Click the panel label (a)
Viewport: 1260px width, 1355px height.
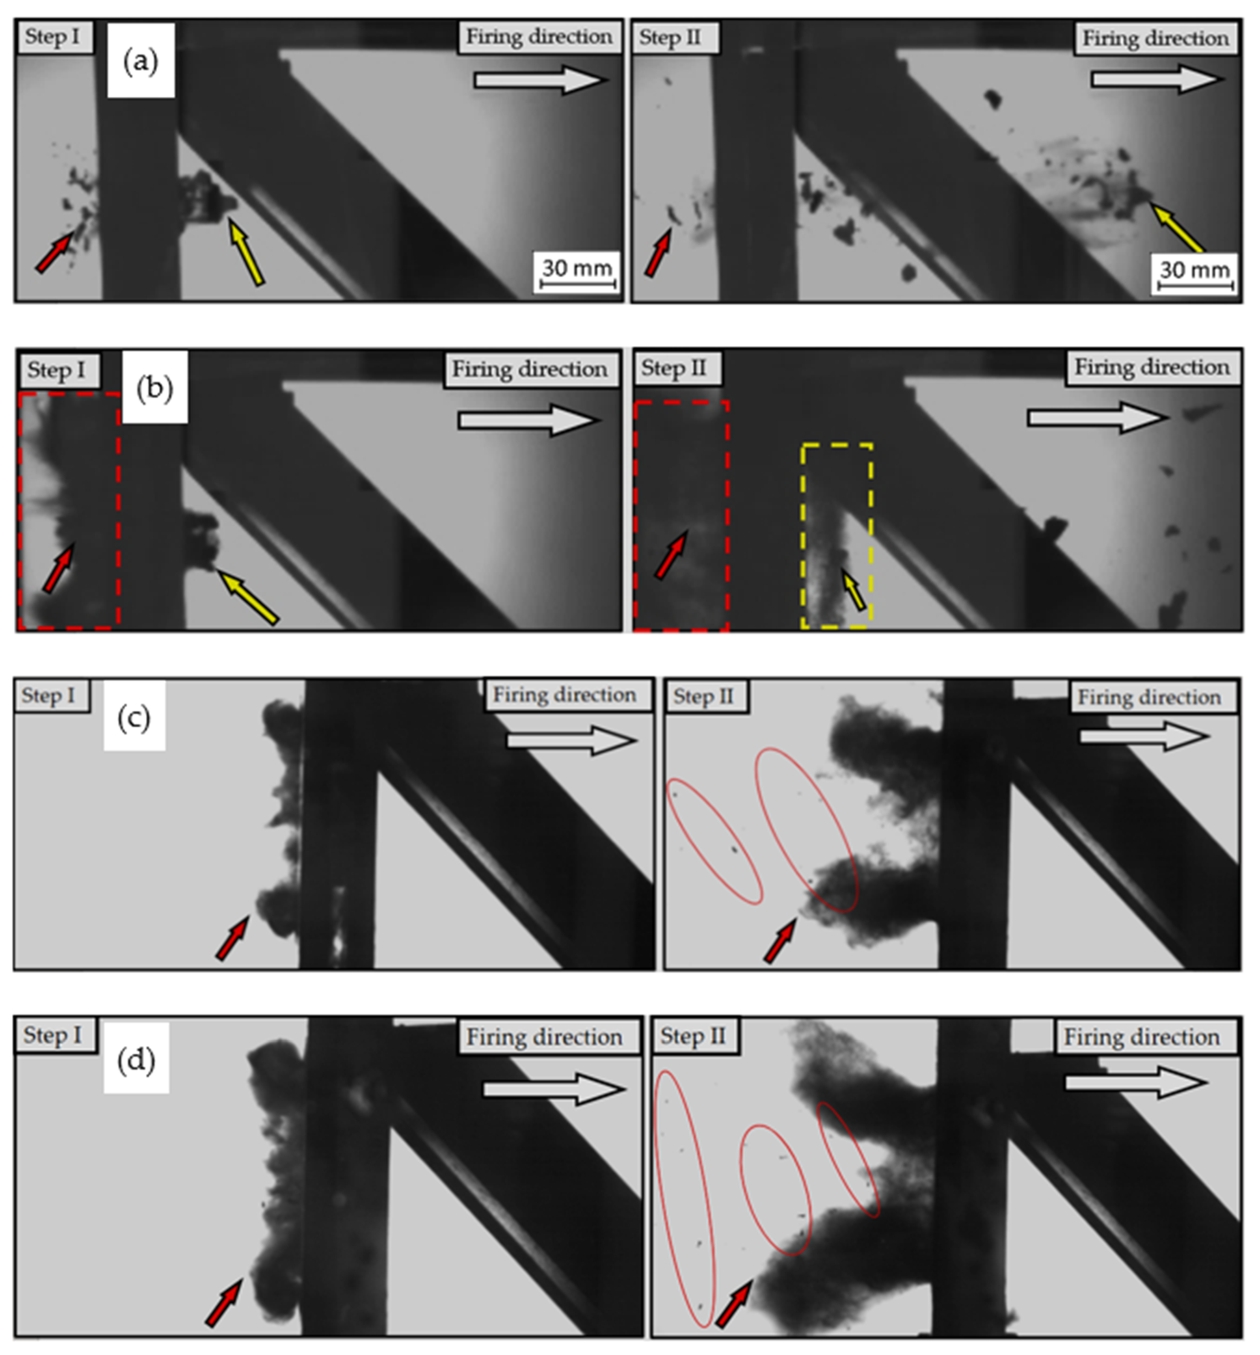point(140,61)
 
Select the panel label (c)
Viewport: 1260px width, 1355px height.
point(134,718)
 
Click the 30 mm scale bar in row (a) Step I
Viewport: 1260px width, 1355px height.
point(578,282)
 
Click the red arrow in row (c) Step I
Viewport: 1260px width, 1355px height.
point(233,937)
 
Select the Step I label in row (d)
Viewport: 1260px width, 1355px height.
point(53,1035)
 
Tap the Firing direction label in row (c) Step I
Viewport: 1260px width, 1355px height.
point(565,695)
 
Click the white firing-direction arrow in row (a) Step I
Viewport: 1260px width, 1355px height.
point(540,80)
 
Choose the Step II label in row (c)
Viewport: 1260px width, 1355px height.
point(703,696)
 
